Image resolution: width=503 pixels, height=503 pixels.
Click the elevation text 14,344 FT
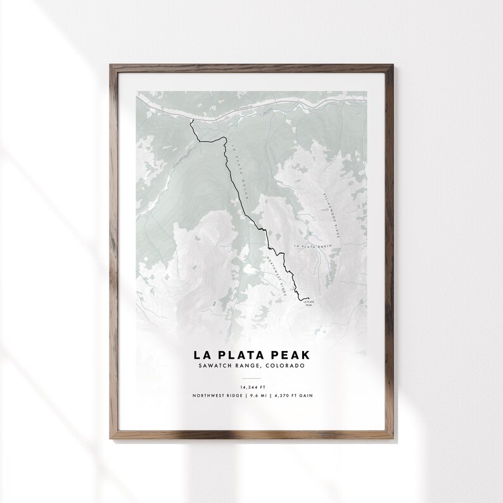coord(251,386)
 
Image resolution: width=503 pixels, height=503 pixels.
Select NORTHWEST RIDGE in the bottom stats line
coord(214,396)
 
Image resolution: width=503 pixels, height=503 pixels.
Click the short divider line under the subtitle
coord(251,376)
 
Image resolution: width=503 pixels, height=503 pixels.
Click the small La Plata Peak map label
coord(309,303)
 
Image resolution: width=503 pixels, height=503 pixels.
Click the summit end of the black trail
coord(307,298)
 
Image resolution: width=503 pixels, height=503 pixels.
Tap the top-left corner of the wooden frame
coord(110,63)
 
